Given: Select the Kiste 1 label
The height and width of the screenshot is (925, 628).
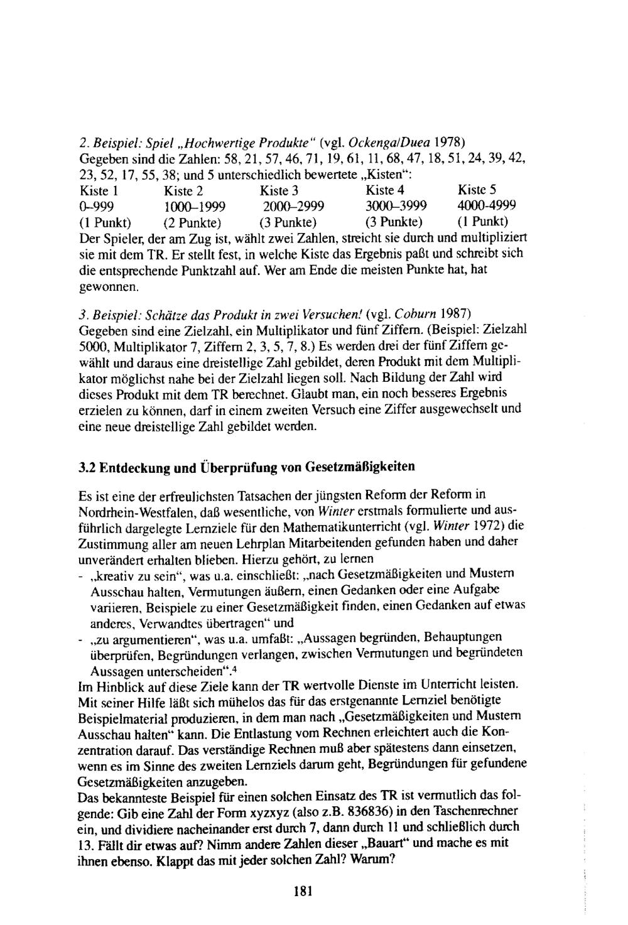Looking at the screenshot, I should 100,190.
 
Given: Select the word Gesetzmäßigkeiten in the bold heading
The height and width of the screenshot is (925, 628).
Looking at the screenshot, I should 360,467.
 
